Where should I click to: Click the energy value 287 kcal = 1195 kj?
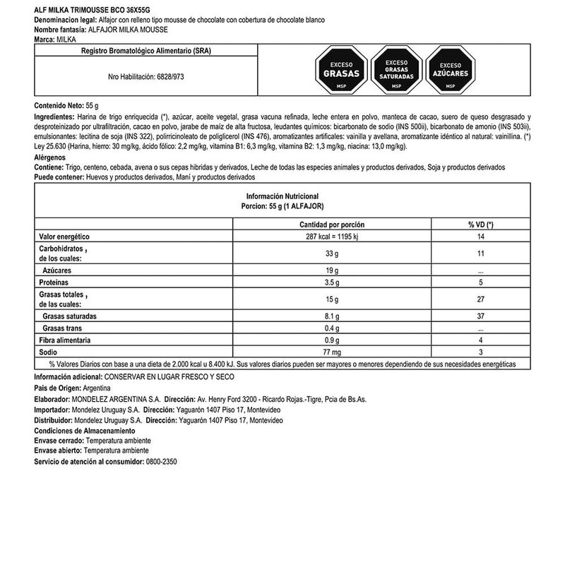[342, 237]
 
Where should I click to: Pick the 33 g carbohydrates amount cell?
[342, 253]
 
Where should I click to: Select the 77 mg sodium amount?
[342, 351]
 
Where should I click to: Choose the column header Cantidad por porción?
[342, 224]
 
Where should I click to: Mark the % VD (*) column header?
[481, 224]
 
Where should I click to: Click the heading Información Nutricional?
[282, 195]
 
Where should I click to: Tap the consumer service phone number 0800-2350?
[160, 461]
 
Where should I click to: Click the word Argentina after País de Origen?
[93, 388]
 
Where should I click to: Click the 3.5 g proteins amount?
[342, 282]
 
